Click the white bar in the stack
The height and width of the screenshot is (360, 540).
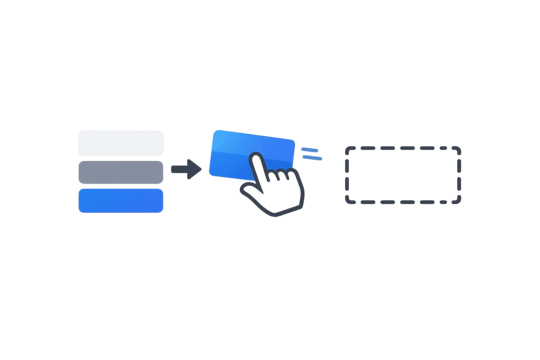(121, 143)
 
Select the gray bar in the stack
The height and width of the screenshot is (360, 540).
(121, 172)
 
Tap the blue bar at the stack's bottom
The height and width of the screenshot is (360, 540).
(121, 201)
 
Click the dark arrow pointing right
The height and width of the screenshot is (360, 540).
(186, 169)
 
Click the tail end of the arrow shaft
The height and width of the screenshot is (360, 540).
(173, 169)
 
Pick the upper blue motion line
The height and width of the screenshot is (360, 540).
(310, 150)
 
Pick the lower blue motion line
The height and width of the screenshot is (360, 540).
(312, 158)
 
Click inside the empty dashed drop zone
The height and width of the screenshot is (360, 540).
(403, 175)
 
